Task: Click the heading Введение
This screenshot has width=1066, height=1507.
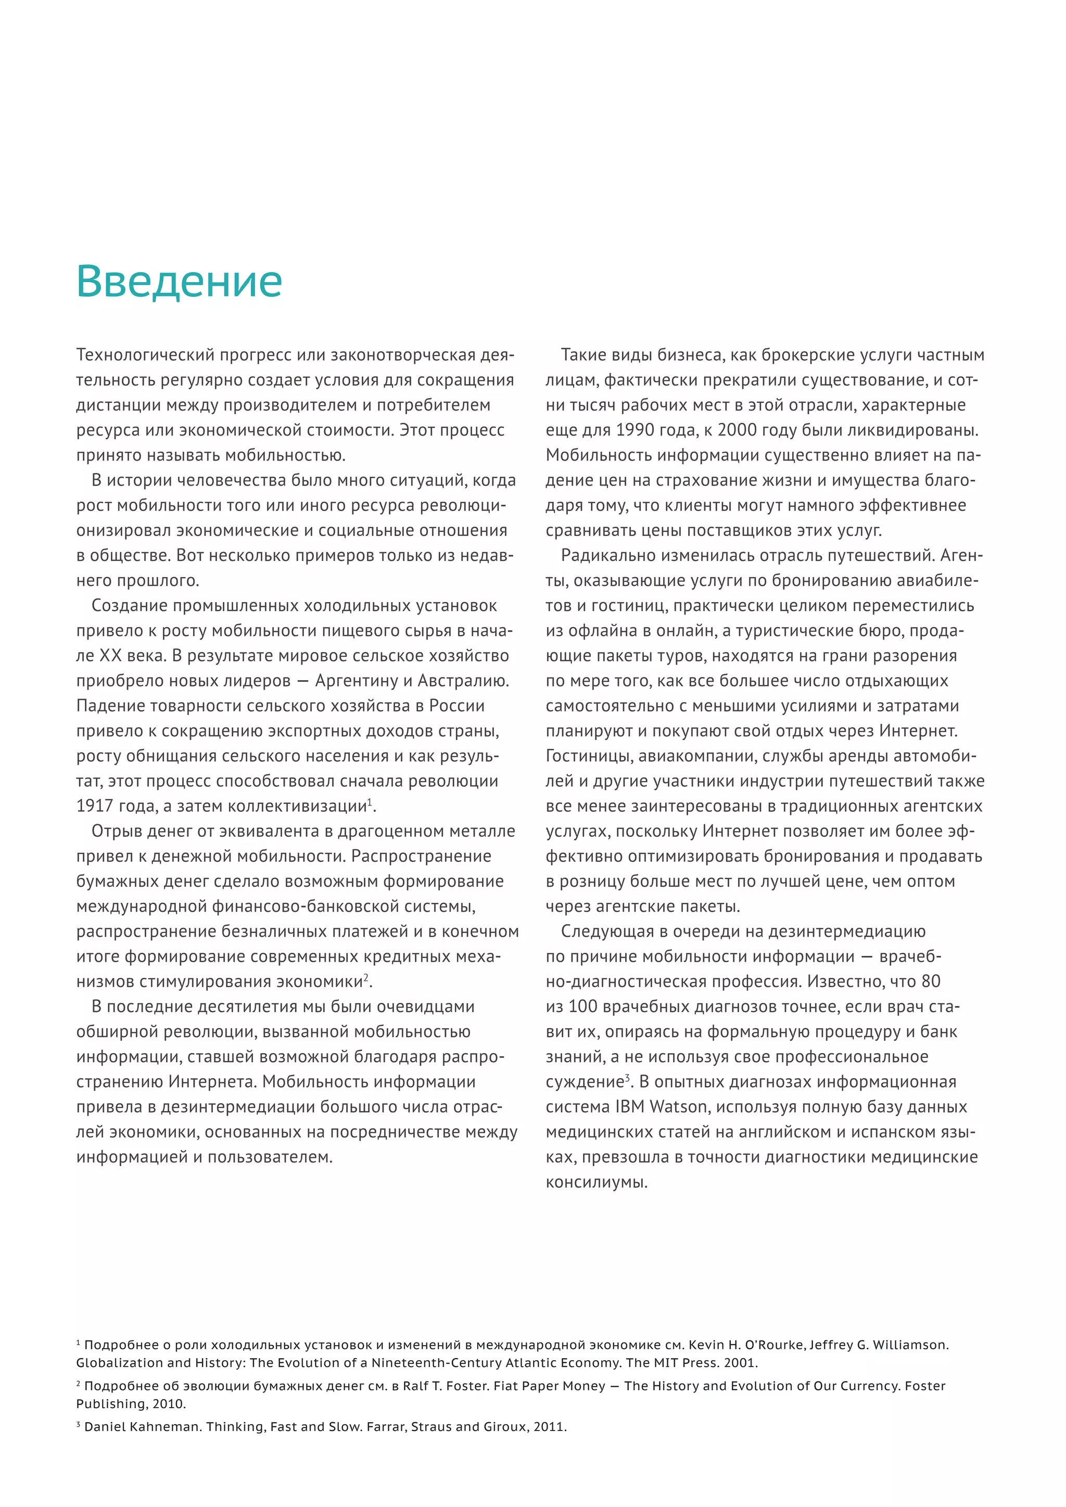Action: tap(179, 281)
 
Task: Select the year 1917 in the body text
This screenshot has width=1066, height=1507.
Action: tap(95, 806)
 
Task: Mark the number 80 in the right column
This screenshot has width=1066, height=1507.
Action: tap(931, 981)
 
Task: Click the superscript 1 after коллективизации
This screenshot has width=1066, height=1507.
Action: tap(370, 801)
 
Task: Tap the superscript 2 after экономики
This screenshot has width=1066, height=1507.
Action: tap(366, 977)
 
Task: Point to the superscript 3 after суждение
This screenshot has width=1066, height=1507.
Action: tap(627, 1077)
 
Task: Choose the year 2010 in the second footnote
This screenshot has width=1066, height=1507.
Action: tap(169, 1404)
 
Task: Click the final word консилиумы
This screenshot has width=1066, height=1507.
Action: tap(596, 1183)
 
